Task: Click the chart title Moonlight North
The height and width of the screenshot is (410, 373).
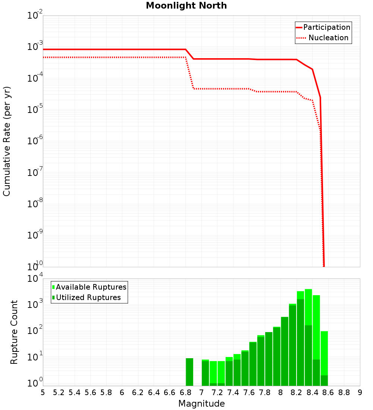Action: tap(186, 6)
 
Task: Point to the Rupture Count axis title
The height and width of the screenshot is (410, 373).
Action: tap(14, 332)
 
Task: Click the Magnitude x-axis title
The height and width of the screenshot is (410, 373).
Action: tap(201, 404)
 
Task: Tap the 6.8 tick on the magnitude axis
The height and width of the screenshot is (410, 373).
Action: tap(185, 392)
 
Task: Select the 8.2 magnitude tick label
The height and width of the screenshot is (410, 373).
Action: tap(297, 392)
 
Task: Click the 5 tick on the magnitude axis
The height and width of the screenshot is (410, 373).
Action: tap(43, 392)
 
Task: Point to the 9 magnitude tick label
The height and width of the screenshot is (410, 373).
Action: tap(360, 392)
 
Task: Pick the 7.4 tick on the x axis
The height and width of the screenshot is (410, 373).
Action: tap(233, 392)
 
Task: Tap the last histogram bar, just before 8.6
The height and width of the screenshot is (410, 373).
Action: tap(324, 358)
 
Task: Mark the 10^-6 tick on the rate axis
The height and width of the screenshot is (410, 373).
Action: tap(35, 142)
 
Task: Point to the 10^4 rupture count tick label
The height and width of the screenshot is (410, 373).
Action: tap(35, 279)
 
